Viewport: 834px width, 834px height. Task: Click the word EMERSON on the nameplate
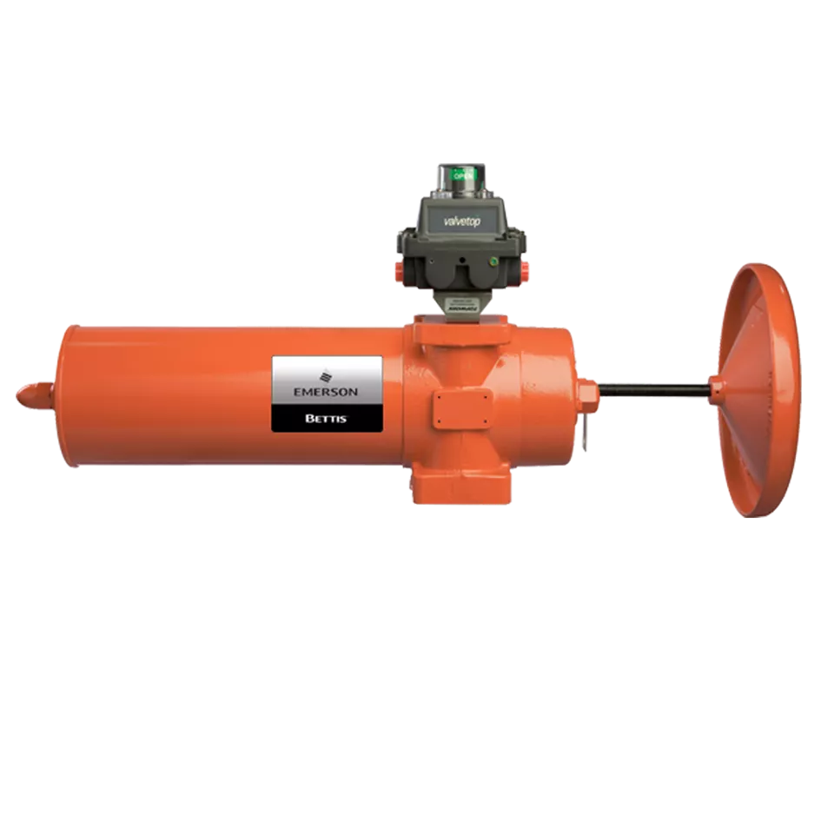[x=326, y=392]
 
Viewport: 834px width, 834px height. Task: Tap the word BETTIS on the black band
[x=327, y=418]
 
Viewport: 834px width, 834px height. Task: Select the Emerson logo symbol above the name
[x=327, y=376]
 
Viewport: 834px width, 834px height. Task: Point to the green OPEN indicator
[x=463, y=175]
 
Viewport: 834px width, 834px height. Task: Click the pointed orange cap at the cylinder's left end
[x=28, y=395]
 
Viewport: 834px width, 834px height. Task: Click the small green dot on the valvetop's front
[x=493, y=259]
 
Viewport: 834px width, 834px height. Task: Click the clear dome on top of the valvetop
[x=463, y=177]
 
